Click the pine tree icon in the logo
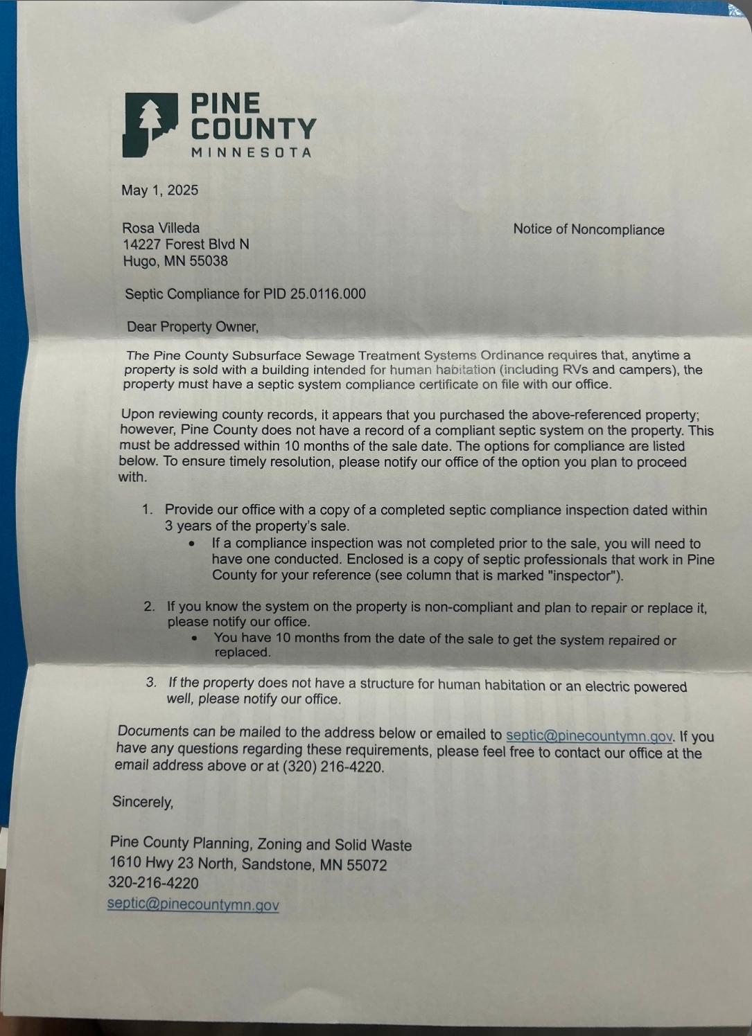tap(146, 118)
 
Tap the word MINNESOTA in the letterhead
tap(252, 152)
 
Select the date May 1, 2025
tap(159, 190)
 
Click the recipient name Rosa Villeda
tap(161, 228)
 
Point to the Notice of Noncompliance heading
tap(588, 230)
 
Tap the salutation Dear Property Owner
tap(192, 327)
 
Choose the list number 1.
tap(147, 510)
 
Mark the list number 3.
tap(151, 683)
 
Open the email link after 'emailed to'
tap(589, 735)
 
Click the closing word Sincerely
tap(143, 802)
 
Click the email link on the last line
tap(193, 905)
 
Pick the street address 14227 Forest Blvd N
tap(186, 244)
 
